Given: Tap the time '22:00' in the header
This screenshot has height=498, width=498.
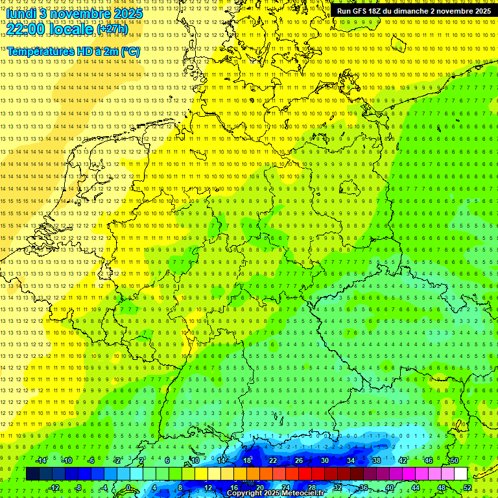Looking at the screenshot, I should pyautogui.click(x=25, y=29).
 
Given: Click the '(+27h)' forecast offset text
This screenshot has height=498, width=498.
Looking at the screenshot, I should pyautogui.click(x=112, y=29).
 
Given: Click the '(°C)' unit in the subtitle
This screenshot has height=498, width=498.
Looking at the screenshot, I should pyautogui.click(x=129, y=51).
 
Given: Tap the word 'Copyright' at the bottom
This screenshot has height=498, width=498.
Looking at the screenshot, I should pyautogui.click(x=244, y=493).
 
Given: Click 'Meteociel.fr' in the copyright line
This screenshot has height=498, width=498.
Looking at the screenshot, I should pyautogui.click(x=303, y=493).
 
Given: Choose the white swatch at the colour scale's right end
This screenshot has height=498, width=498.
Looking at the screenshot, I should pyautogui.click(x=460, y=474).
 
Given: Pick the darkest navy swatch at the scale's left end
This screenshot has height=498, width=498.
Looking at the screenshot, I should pyautogui.click(x=33, y=474).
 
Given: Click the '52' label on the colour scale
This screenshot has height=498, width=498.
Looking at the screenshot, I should pyautogui.click(x=468, y=488).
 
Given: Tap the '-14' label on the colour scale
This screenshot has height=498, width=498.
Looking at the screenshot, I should pyautogui.click(x=41, y=460).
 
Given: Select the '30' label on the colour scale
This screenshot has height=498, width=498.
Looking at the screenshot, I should pyautogui.click(x=325, y=460).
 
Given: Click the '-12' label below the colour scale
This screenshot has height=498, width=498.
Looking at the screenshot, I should pyautogui.click(x=54, y=488).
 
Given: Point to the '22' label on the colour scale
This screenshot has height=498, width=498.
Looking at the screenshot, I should pyautogui.click(x=273, y=460).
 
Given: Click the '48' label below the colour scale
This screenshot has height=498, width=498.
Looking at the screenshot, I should pyautogui.click(x=442, y=488).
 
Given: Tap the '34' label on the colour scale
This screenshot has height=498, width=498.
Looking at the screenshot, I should pyautogui.click(x=351, y=460).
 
